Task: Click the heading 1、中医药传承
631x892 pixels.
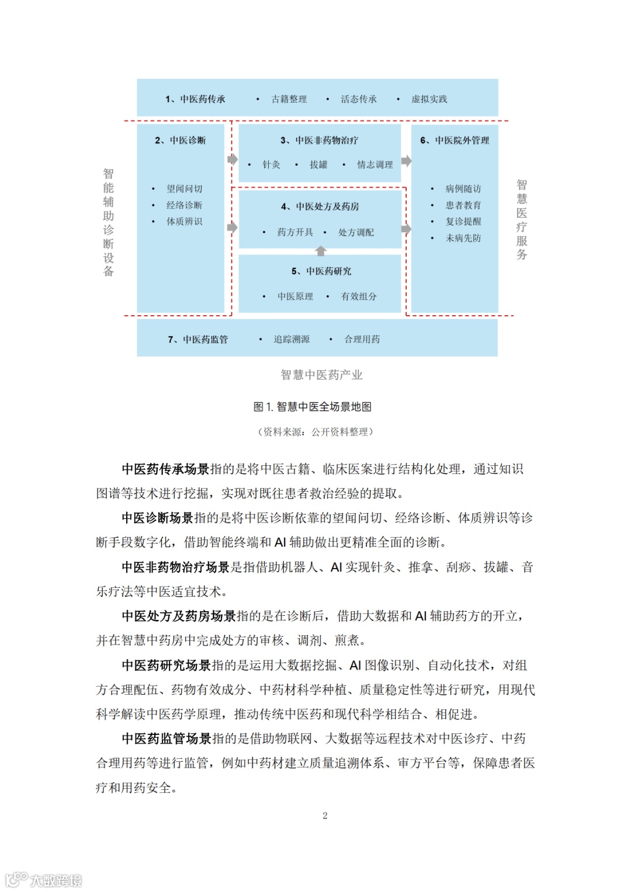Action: point(195,99)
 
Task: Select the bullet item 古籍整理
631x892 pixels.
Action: point(289,99)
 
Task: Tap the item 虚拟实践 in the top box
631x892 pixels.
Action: point(429,99)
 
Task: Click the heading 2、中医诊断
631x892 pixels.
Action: point(181,140)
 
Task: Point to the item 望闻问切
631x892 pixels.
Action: point(184,189)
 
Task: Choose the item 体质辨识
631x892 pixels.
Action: point(184,221)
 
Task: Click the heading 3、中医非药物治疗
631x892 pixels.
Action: point(319,140)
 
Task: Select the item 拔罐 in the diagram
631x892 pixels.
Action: point(318,165)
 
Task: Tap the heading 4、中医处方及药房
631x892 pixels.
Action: point(320,206)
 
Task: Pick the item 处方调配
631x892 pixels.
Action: point(356,232)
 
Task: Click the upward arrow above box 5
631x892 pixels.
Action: point(320,251)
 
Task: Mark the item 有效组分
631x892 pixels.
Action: point(359,297)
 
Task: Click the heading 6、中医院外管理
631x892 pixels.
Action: point(455,140)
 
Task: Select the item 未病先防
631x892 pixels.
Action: point(463,238)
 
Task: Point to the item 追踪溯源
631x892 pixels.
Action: point(292,339)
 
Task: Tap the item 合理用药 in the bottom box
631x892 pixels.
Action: point(362,339)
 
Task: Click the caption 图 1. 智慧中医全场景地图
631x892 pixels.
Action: point(313,407)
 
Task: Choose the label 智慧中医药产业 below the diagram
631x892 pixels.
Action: point(321,375)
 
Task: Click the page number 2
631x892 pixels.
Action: point(325,816)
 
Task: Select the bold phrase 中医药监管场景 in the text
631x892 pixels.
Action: point(167,738)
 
